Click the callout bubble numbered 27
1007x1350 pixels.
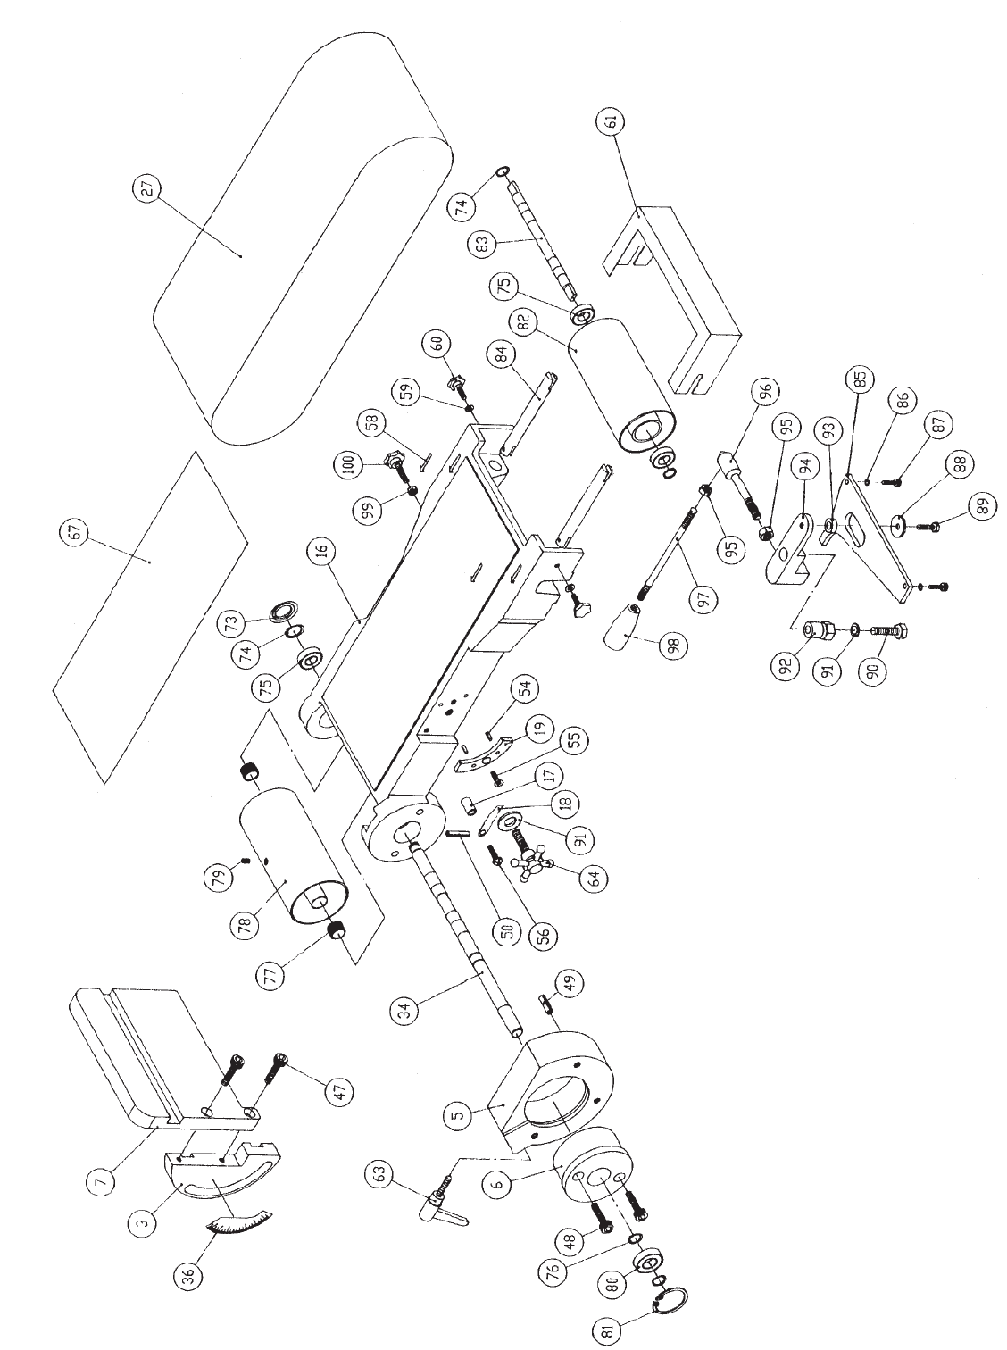point(148,189)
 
